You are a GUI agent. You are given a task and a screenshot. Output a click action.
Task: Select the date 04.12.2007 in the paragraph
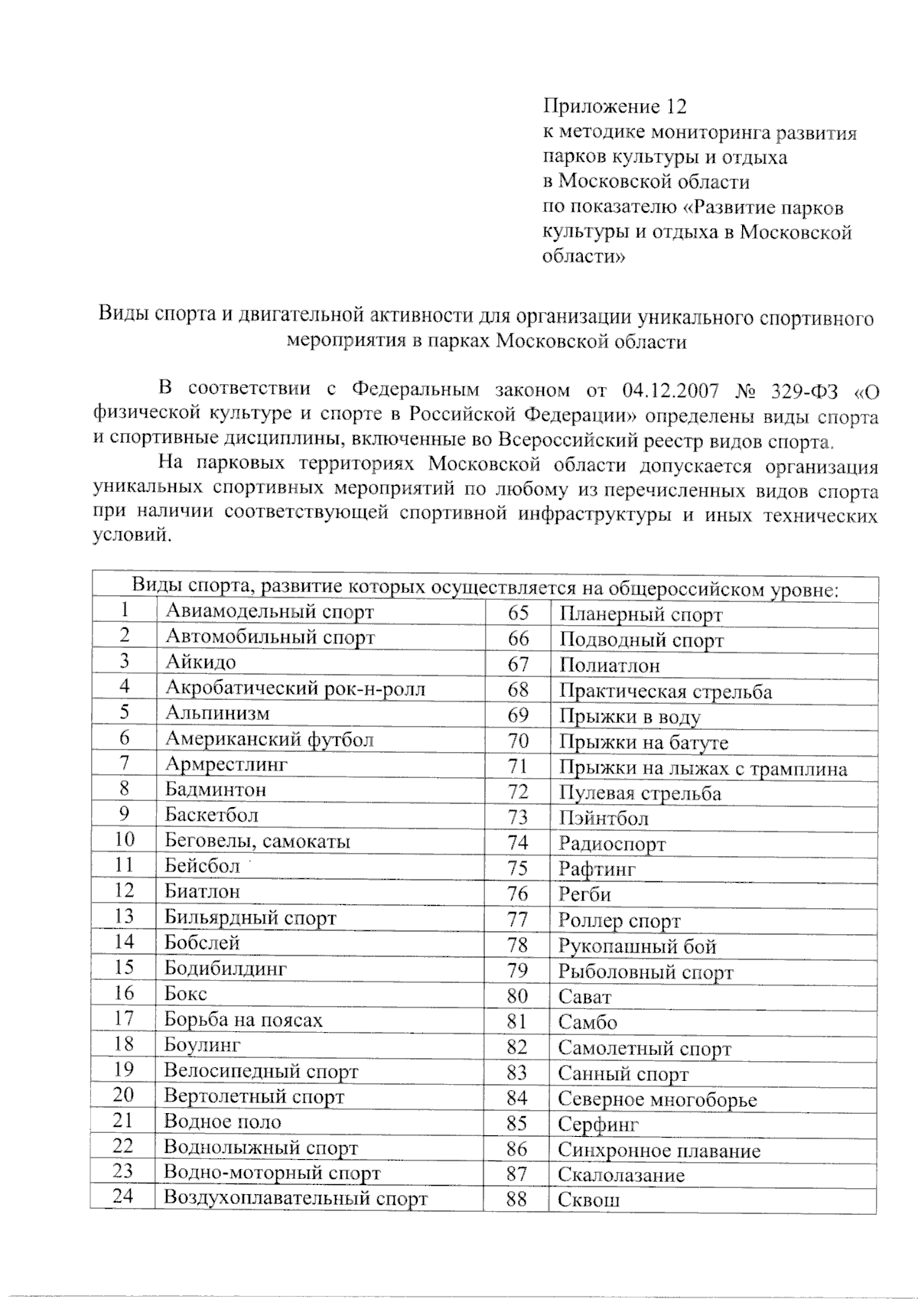tap(671, 390)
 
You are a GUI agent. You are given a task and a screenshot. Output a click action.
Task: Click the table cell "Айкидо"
tap(201, 662)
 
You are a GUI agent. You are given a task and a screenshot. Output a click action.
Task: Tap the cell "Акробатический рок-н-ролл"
tap(295, 688)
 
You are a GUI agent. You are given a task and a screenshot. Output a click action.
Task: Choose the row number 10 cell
tap(124, 840)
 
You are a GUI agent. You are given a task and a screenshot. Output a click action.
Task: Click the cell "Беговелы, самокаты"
tap(258, 842)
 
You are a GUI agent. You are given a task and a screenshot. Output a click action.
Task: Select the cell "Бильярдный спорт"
tap(250, 917)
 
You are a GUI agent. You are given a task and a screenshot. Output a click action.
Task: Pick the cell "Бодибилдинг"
tap(226, 969)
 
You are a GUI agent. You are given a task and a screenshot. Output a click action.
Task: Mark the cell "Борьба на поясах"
tap(243, 1020)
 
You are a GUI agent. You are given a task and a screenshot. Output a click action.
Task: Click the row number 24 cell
tap(123, 1196)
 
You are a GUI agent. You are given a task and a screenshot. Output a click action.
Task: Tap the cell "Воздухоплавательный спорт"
tap(295, 1198)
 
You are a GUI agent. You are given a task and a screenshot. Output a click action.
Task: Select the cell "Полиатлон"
tap(609, 666)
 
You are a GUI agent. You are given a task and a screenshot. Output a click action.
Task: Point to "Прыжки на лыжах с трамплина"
tap(702, 768)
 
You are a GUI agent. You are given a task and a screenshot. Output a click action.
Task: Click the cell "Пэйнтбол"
tap(603, 819)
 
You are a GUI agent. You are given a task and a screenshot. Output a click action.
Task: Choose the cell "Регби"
tap(584, 894)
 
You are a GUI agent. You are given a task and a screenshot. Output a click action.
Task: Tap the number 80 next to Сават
tap(517, 996)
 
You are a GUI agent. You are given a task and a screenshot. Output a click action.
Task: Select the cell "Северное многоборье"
tap(657, 1100)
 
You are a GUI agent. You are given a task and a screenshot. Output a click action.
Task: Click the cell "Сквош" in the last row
tap(588, 1200)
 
